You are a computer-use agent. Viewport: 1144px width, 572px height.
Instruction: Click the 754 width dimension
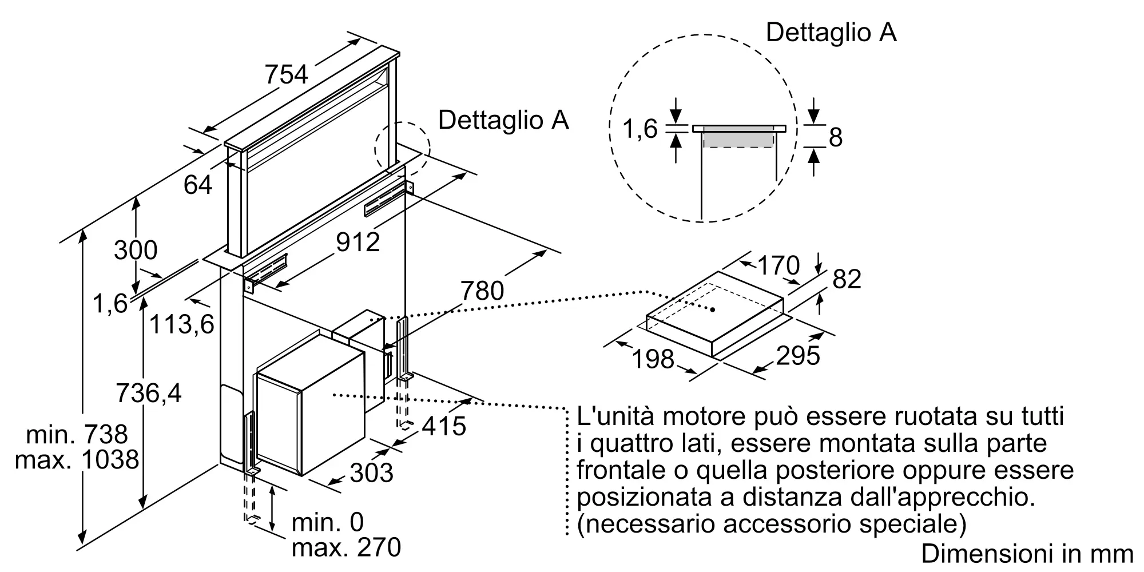coord(287,75)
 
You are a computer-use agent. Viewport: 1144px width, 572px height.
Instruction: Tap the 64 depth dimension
coord(198,185)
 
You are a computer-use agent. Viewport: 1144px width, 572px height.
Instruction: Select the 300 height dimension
coord(136,250)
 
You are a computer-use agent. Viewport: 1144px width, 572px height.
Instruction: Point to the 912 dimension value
coord(358,243)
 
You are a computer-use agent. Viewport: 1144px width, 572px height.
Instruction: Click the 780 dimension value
coord(483,291)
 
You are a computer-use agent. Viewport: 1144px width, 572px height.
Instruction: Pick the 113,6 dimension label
coord(181,324)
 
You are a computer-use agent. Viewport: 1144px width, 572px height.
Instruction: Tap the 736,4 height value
coord(149,393)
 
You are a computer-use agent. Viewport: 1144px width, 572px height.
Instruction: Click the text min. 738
coord(77,435)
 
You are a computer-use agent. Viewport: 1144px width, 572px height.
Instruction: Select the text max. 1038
coord(77,460)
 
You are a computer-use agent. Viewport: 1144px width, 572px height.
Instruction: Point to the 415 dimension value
coord(444,426)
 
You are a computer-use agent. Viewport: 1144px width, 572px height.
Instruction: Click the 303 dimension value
coord(371,473)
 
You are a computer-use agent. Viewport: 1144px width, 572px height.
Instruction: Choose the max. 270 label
coord(346,547)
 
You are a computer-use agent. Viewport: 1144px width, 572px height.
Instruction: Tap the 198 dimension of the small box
coord(653,359)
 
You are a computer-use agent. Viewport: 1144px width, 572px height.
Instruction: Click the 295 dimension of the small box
coord(799,356)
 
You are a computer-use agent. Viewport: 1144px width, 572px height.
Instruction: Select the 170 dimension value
coord(778,265)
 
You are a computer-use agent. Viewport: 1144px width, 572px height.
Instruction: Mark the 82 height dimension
coord(847,279)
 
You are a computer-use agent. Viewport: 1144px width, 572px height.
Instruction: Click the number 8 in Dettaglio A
coord(836,137)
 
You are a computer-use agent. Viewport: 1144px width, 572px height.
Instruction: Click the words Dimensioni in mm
coord(1027,554)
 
